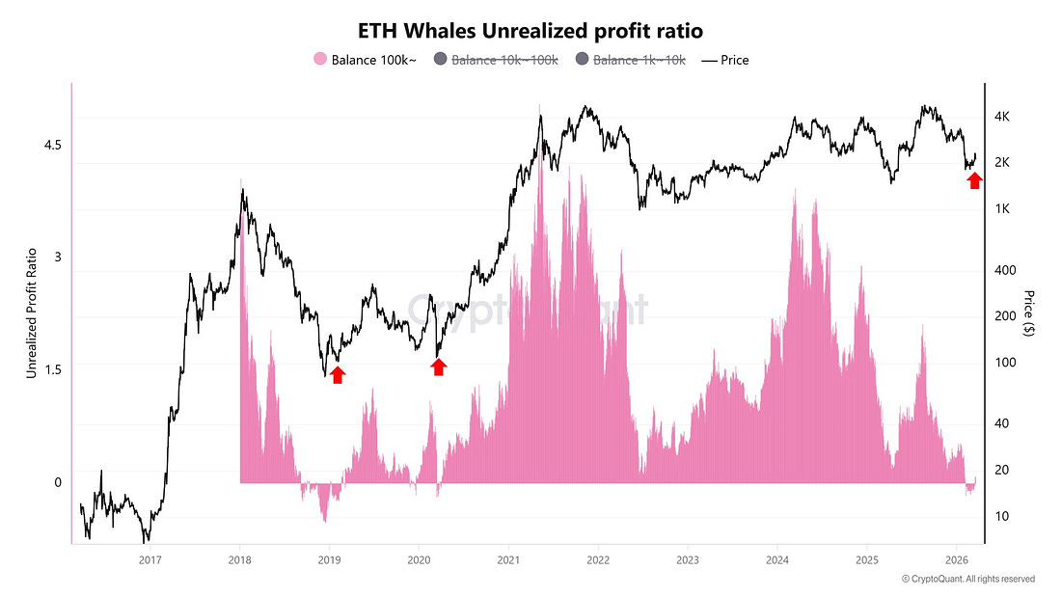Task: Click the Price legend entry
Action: click(724, 60)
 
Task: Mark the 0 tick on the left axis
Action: click(57, 482)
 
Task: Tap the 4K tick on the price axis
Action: click(1002, 117)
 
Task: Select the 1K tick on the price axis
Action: click(1002, 209)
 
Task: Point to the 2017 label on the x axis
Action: click(150, 559)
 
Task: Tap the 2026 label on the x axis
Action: click(957, 559)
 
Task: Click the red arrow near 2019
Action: click(337, 374)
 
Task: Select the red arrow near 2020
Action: click(439, 366)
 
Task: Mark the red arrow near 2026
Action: click(975, 179)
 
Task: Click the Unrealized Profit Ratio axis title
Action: click(31, 312)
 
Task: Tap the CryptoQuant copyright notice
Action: click(968, 579)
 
